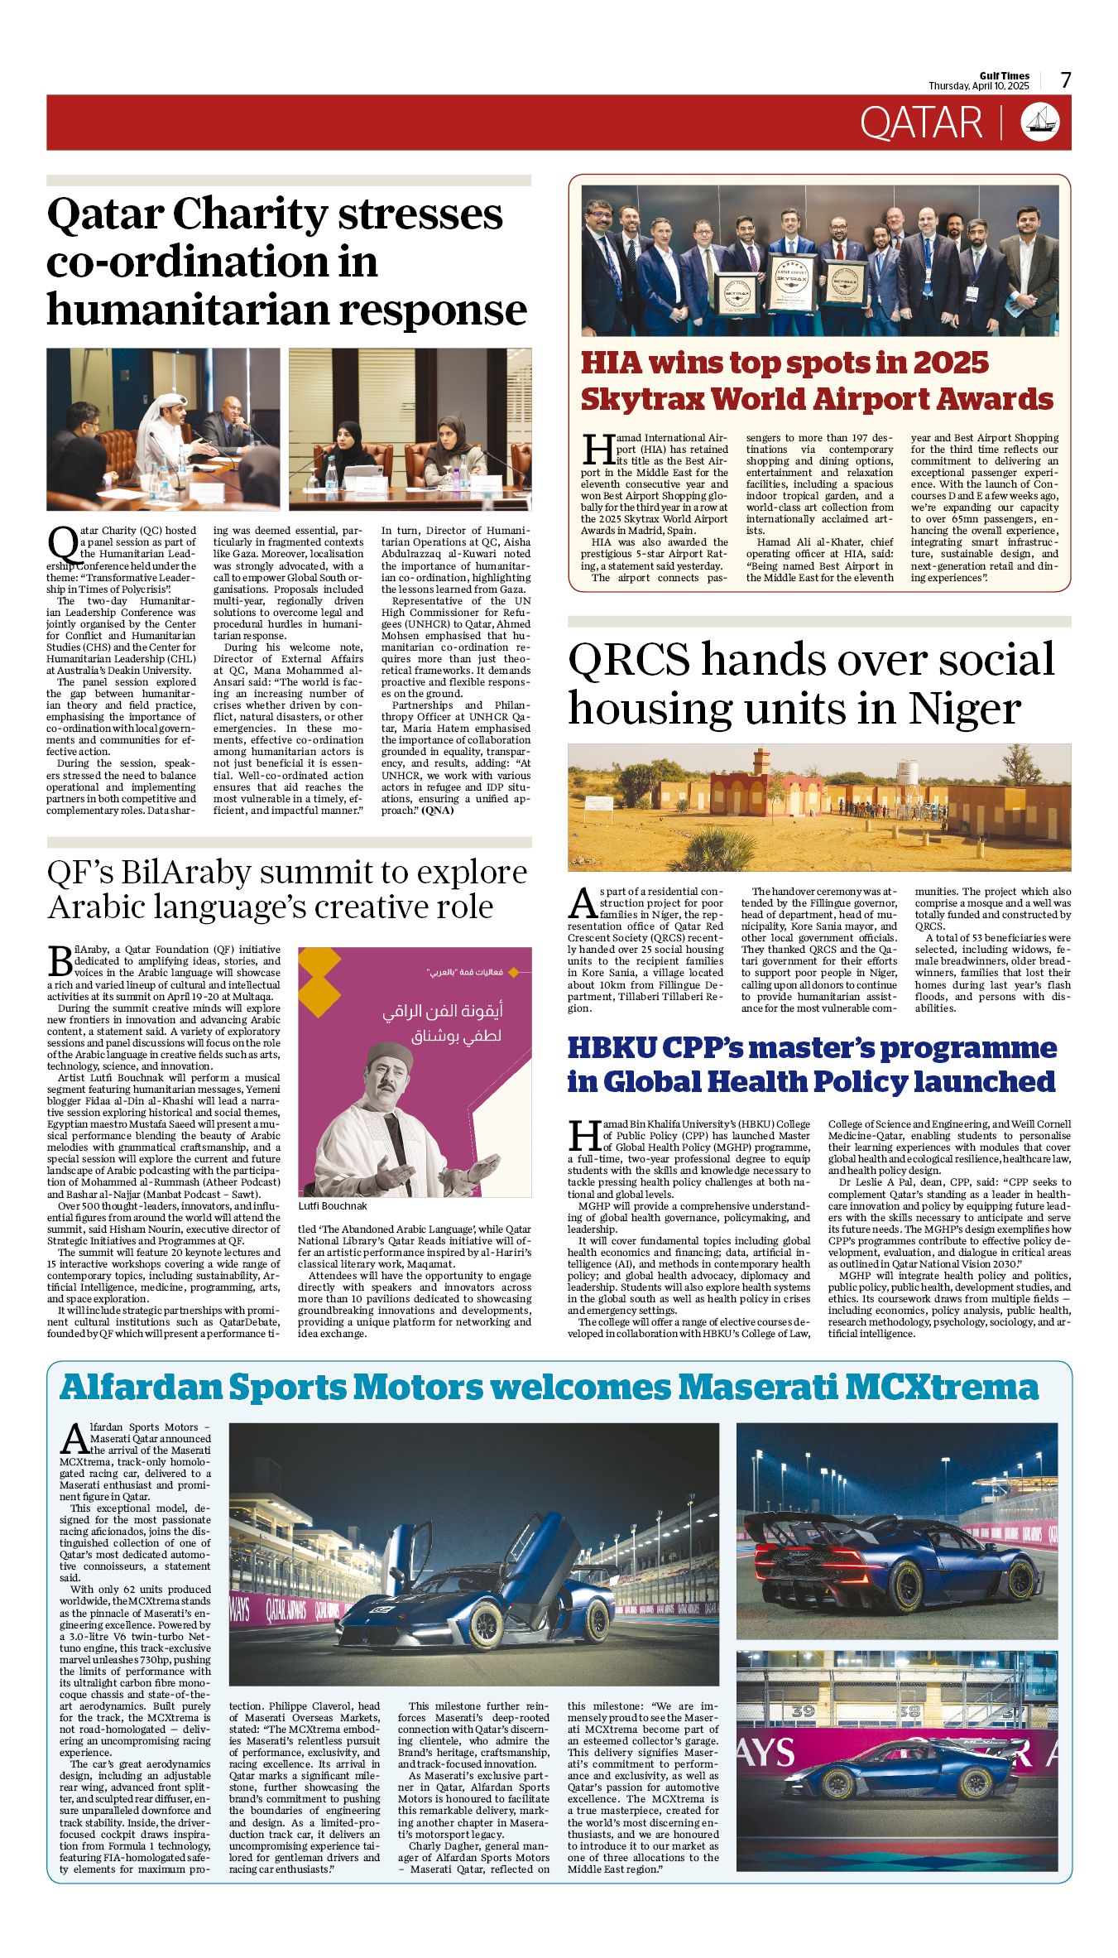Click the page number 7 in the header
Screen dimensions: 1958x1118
[x=1066, y=80]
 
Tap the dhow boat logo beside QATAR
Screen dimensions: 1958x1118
[x=1040, y=122]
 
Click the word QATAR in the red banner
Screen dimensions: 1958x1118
[x=920, y=123]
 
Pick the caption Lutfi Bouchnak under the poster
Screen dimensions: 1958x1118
[x=333, y=1206]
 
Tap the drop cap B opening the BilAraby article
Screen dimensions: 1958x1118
[x=60, y=961]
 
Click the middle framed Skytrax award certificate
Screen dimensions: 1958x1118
[x=791, y=281]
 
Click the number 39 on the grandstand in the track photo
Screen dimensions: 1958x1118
[x=803, y=1710]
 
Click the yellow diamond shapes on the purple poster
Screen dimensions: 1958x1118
[x=320, y=982]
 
